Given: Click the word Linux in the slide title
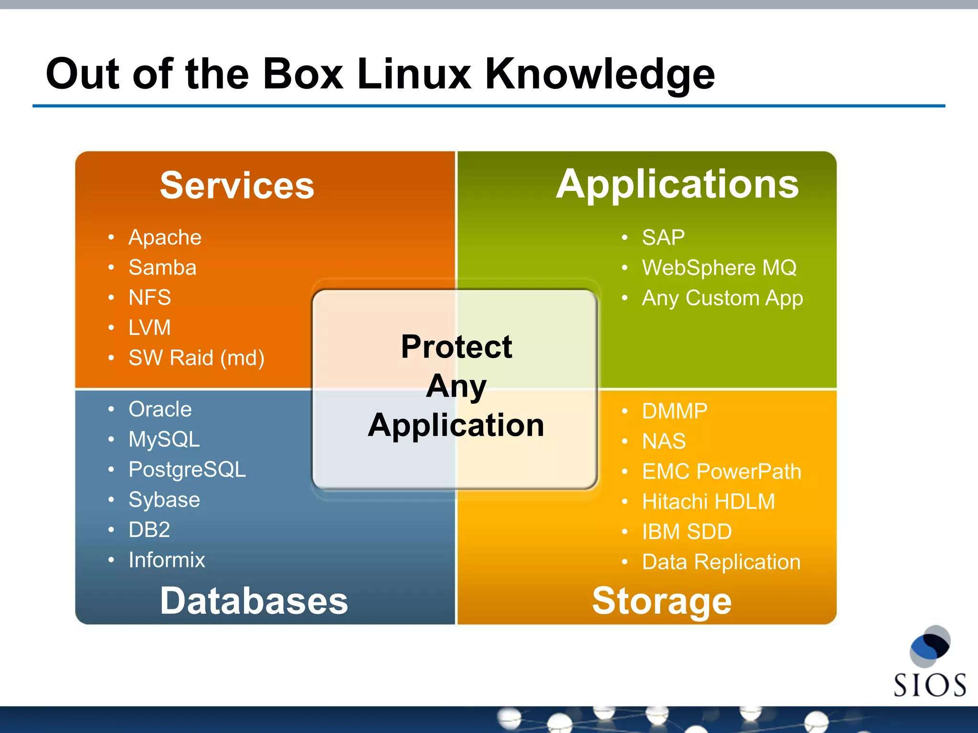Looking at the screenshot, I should (414, 74).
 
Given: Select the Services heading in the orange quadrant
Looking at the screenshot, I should (237, 185).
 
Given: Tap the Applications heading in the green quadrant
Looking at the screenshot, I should (677, 184).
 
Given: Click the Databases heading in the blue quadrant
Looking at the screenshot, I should (254, 601).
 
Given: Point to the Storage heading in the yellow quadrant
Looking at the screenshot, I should (661, 601).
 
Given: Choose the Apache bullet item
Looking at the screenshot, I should (165, 237).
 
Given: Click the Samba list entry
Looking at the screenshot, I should (162, 267).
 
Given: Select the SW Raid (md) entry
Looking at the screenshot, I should (196, 358).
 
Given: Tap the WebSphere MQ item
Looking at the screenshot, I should (719, 268).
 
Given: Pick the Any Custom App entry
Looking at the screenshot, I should (722, 298).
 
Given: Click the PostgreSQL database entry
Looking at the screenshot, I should (187, 470).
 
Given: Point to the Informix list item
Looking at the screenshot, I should (167, 560).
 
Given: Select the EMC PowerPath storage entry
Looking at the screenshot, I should (721, 471).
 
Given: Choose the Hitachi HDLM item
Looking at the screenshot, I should (708, 502).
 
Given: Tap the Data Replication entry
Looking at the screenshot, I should (721, 562).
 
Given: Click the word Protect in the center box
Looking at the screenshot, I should (457, 346).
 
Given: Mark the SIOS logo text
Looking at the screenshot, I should (929, 685).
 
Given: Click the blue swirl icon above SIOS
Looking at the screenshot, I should (930, 646).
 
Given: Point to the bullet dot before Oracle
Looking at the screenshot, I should (111, 409).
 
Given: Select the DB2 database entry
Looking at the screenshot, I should (149, 530).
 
